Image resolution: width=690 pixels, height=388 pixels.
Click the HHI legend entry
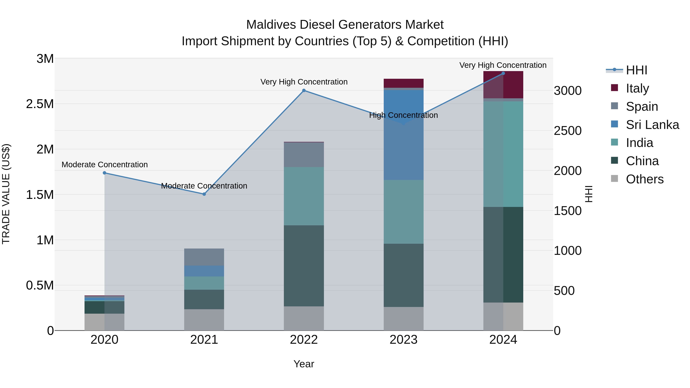[x=636, y=70]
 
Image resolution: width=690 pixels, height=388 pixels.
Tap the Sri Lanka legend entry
[x=652, y=125]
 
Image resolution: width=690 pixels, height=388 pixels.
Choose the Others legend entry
[x=644, y=179]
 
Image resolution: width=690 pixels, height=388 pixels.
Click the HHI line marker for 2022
[x=304, y=90]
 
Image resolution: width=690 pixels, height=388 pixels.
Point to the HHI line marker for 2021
[x=204, y=194]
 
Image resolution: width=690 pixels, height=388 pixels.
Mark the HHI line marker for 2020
[x=104, y=173]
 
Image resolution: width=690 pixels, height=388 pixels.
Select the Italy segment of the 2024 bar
[x=503, y=85]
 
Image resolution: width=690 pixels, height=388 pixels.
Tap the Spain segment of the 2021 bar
[x=204, y=257]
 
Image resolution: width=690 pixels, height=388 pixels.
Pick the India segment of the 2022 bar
[x=304, y=196]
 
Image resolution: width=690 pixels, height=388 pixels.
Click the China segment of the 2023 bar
[x=403, y=275]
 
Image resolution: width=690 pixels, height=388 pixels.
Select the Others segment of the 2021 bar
[x=204, y=320]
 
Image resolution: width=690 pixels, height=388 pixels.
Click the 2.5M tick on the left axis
[x=40, y=104]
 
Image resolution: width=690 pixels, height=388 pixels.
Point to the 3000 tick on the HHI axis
[x=568, y=91]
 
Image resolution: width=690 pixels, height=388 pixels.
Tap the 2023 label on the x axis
[x=403, y=340]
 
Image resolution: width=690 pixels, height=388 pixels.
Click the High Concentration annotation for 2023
[x=403, y=115]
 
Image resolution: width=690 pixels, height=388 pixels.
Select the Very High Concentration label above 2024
[x=503, y=65]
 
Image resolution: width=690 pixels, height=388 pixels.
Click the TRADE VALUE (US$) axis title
[x=6, y=194]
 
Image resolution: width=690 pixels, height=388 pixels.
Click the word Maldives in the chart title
[x=271, y=25]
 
